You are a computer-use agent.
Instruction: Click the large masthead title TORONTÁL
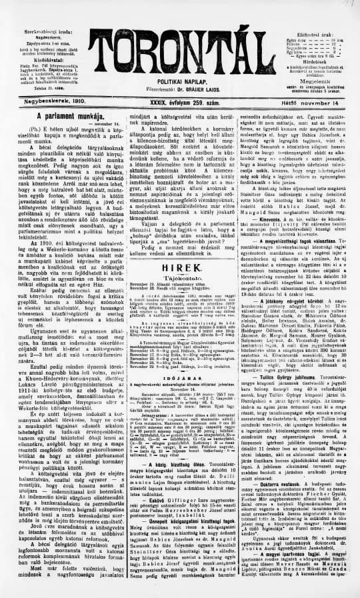(x=180, y=49)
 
